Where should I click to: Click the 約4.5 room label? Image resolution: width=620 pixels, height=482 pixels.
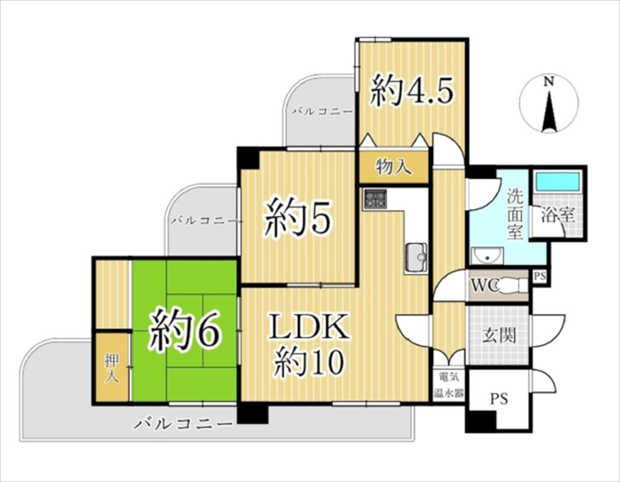(x=411, y=91)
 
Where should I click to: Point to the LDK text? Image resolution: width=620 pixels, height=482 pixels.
(x=309, y=327)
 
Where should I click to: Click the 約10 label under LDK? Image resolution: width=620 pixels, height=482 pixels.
(x=309, y=364)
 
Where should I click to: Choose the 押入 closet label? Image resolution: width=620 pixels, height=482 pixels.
(x=112, y=368)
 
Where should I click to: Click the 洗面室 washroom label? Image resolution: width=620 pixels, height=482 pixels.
(x=515, y=214)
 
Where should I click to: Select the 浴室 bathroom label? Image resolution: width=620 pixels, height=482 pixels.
(x=557, y=215)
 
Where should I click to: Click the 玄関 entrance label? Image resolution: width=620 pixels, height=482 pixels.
(x=499, y=335)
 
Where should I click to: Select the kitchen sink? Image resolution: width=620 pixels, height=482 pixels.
(x=416, y=258)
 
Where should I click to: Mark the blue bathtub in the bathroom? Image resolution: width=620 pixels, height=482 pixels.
(x=558, y=182)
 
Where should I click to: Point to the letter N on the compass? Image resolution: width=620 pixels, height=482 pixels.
(x=548, y=81)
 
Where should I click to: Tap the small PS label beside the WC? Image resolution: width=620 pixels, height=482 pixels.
(x=540, y=276)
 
